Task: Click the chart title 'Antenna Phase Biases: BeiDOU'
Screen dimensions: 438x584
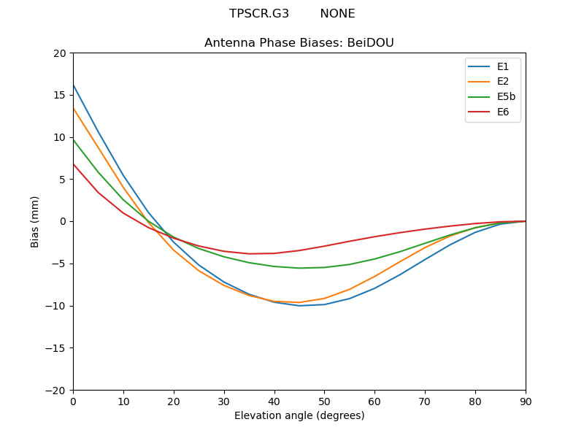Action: [x=299, y=43]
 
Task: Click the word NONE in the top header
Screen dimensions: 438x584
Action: [x=337, y=14]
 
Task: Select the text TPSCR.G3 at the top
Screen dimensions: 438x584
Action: [x=259, y=14]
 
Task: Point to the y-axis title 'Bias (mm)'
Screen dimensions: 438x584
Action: [x=35, y=221]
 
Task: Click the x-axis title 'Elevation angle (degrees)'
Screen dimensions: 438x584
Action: [x=299, y=416]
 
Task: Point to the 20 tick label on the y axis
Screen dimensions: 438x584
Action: [x=59, y=53]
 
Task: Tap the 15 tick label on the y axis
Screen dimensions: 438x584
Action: [x=59, y=95]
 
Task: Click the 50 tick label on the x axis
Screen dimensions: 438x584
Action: [x=324, y=401]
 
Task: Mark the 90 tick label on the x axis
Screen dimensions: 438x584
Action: [x=526, y=401]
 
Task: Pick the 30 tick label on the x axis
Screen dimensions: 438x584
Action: [x=224, y=401]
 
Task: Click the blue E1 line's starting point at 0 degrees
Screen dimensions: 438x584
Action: [x=74, y=85]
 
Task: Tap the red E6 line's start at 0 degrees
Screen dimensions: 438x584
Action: [x=74, y=164]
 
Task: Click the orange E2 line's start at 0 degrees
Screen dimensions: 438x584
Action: [x=74, y=109]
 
